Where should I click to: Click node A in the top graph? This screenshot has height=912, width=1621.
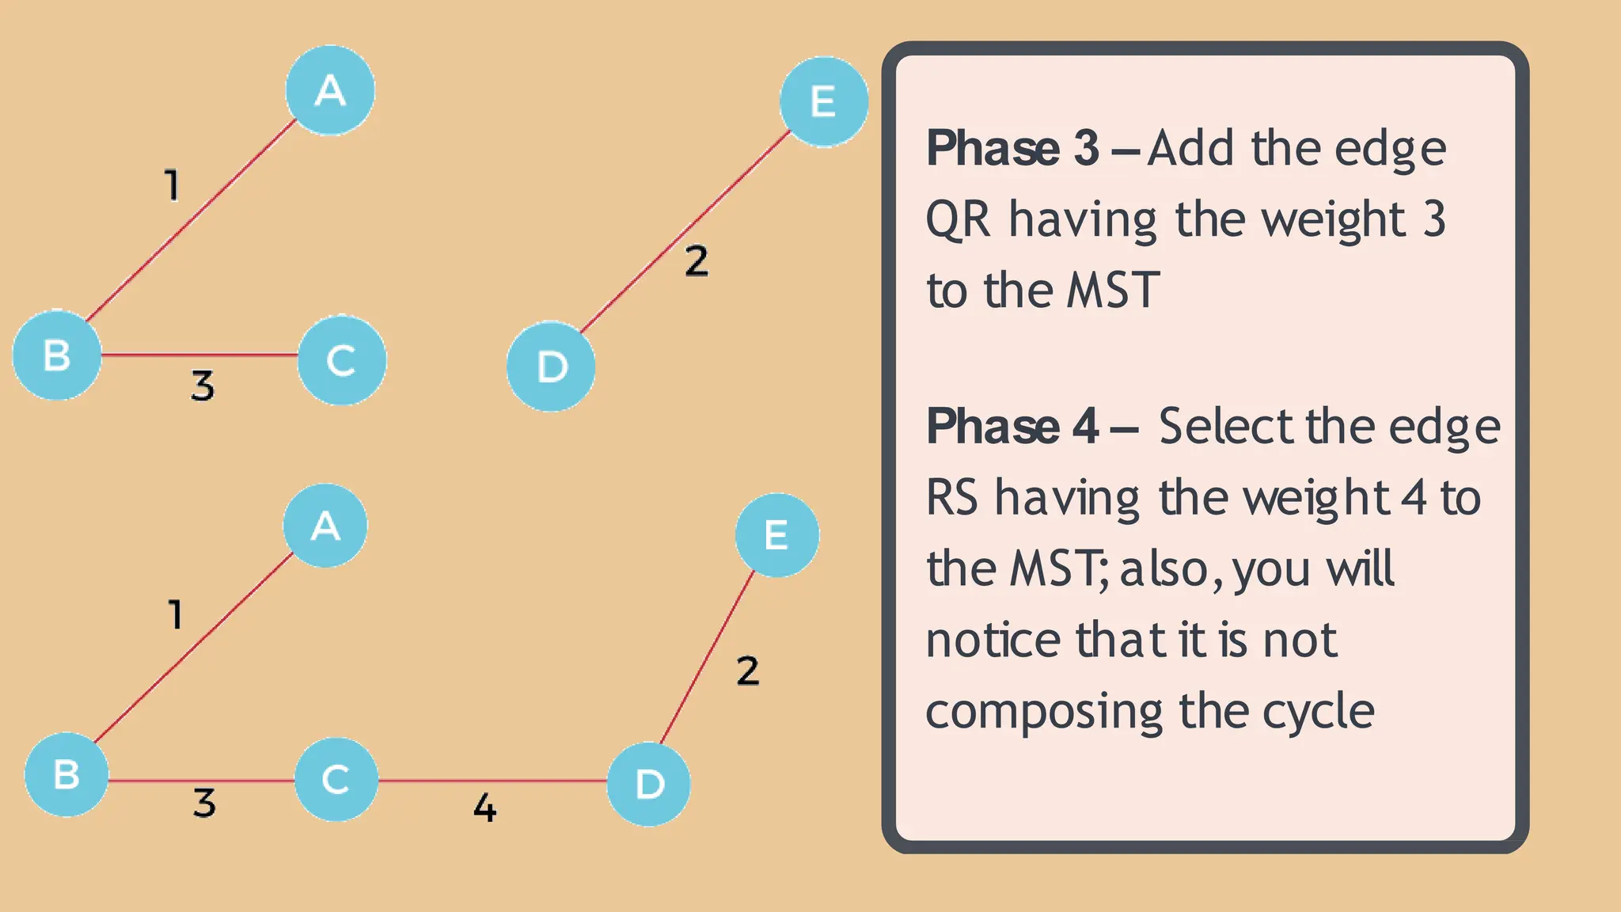coord(330,90)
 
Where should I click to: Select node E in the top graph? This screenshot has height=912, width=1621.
coord(824,101)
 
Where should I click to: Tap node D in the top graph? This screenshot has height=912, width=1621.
coord(551,367)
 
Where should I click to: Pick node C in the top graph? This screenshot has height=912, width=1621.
coord(342,360)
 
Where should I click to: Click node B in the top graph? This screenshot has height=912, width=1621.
coord(57,355)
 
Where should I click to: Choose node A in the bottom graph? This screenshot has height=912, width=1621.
coord(325,526)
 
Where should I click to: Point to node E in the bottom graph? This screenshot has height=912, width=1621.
coord(776,535)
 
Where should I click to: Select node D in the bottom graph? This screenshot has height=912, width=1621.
coord(649,784)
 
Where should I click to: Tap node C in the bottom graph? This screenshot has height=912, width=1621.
coord(336,779)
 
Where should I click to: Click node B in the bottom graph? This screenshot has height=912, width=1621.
coord(66,774)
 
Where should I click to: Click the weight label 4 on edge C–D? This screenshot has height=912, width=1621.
coord(484,808)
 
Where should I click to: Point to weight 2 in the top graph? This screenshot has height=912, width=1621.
coord(697,261)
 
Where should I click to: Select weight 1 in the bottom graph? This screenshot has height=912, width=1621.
coord(176,614)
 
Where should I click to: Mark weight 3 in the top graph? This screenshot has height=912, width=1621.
coord(203,386)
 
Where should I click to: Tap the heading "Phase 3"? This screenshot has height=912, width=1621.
coord(1012,148)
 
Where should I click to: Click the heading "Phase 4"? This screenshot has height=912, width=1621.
coord(1012,427)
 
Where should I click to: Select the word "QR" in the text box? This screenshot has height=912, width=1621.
coord(958,219)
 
